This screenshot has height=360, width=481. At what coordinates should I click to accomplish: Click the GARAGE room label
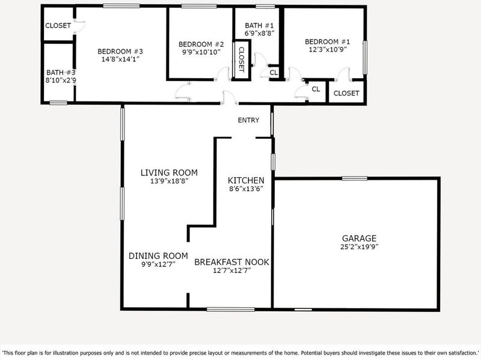[x=359, y=238]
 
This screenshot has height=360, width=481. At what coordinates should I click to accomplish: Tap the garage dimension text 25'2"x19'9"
[x=359, y=247]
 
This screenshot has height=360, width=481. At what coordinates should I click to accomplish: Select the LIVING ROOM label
[x=169, y=172]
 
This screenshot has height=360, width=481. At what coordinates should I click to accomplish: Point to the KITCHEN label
[x=246, y=180]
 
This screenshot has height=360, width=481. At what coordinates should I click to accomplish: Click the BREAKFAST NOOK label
[x=231, y=262]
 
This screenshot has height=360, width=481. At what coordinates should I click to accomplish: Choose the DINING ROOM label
[x=158, y=256]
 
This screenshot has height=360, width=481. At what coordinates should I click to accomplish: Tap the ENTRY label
[x=248, y=120]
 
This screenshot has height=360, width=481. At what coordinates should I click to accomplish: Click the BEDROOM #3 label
[x=120, y=52]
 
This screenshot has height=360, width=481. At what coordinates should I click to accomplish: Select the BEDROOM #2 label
[x=201, y=44]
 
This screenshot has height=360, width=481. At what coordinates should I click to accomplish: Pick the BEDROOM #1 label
[x=327, y=41]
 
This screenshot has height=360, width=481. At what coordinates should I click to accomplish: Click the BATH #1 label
[x=259, y=25]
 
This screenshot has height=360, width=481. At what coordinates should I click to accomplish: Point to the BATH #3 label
[x=61, y=73]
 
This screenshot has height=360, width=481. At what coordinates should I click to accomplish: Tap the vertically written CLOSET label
[x=242, y=59]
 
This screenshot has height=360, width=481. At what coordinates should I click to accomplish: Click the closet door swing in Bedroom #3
[x=81, y=26]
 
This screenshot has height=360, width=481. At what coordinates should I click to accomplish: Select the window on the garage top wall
[x=355, y=178]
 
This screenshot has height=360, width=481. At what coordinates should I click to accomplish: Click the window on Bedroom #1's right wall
[x=365, y=58]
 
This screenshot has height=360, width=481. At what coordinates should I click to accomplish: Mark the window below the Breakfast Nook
[x=231, y=310]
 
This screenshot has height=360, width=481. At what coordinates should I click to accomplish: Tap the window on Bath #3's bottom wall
[x=58, y=103]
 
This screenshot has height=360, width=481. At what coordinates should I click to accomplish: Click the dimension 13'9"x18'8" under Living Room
[x=169, y=181]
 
